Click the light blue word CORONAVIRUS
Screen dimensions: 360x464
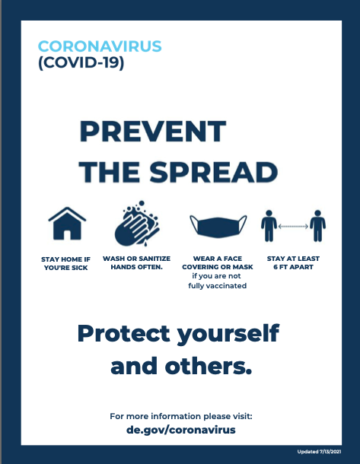pyautogui.click(x=100, y=46)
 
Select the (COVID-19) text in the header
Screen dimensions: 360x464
pyautogui.click(x=81, y=62)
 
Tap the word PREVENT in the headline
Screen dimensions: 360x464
pyautogui.click(x=153, y=132)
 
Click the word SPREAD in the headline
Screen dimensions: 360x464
pyautogui.click(x=213, y=172)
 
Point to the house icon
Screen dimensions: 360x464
pyautogui.click(x=67, y=224)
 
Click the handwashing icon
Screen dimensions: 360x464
pyautogui.click(x=137, y=224)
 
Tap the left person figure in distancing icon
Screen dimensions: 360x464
pyautogui.click(x=269, y=226)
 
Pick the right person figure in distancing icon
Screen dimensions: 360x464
pyautogui.click(x=317, y=226)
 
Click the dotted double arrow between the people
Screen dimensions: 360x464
pyautogui.click(x=293, y=227)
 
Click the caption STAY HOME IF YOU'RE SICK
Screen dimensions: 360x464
pyautogui.click(x=65, y=263)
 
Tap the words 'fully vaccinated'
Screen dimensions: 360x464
pyautogui.click(x=218, y=286)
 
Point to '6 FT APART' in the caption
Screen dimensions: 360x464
pyautogui.click(x=293, y=267)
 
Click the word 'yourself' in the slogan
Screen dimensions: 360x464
pyautogui.click(x=228, y=334)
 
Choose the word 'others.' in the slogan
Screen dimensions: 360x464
pyautogui.click(x=208, y=366)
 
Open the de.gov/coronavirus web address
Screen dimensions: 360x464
pyautogui.click(x=181, y=430)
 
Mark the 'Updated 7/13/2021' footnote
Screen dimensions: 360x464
pyautogui.click(x=319, y=452)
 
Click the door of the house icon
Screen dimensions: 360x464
pyautogui.click(x=67, y=235)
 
